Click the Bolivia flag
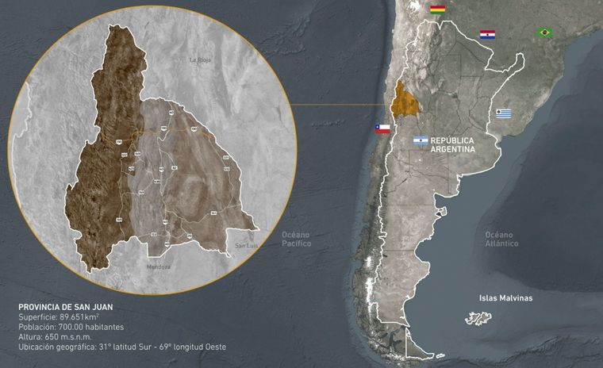[437, 10]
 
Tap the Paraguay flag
[487, 34]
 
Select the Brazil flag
[544, 33]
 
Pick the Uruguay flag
[504, 113]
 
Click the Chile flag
[382, 128]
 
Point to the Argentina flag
[420, 140]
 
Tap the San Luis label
[245, 246]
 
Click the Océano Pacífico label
[297, 239]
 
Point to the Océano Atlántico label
[502, 239]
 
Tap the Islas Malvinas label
[505, 298]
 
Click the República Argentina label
[452, 144]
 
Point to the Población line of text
[71, 326]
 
